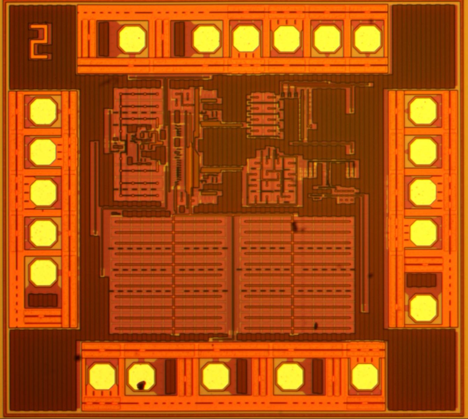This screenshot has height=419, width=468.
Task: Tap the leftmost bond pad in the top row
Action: [x=132, y=39]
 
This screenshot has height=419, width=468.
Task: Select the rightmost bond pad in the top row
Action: [x=367, y=39]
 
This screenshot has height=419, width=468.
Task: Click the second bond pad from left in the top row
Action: [x=207, y=39]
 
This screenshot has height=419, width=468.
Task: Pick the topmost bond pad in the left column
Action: [x=43, y=111]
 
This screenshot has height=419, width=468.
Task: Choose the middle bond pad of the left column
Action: [x=43, y=193]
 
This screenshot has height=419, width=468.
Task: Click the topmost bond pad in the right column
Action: [x=423, y=111]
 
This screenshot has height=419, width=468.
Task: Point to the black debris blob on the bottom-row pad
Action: [x=141, y=385]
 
